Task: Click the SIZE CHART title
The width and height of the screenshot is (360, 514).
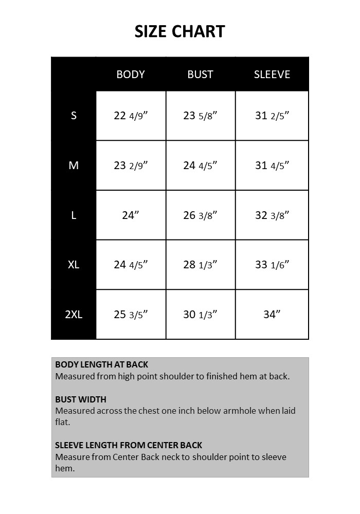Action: click(179, 32)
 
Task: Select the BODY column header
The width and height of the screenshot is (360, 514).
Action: click(131, 75)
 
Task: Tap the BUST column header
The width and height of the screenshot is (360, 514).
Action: click(200, 75)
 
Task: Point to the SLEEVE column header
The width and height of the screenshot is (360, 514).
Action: click(272, 75)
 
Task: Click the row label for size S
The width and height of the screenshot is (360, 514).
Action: click(74, 116)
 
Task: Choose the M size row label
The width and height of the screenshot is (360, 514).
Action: click(74, 166)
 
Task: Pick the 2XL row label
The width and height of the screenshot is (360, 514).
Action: click(74, 315)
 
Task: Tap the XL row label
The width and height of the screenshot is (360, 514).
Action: click(74, 265)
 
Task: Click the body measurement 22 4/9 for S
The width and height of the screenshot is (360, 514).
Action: click(131, 116)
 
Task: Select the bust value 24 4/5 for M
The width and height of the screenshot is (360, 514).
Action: click(200, 166)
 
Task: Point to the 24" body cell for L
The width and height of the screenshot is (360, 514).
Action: click(131, 215)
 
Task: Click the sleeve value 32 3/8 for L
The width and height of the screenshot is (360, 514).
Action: click(272, 215)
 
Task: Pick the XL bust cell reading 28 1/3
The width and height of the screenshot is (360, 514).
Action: click(200, 265)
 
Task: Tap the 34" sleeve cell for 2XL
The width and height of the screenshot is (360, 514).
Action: click(272, 315)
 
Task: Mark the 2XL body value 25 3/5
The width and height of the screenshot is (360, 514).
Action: click(131, 315)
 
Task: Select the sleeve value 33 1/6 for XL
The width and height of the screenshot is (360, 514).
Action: click(272, 265)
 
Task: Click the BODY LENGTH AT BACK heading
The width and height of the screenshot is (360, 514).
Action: click(101, 365)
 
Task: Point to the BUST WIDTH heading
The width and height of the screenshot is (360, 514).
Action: click(81, 399)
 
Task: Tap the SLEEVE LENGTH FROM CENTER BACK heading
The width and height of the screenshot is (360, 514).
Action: click(129, 445)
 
